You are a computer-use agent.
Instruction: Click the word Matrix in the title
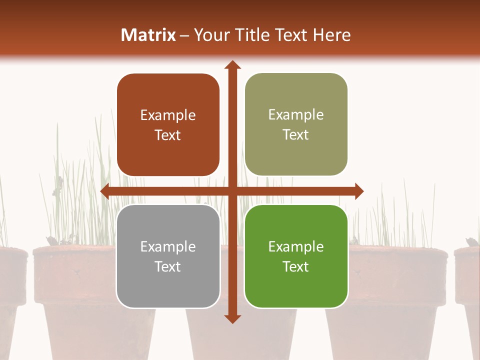pos(148,35)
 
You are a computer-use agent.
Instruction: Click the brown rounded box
pos(168,125)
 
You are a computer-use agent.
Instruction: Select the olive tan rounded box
pos(296,124)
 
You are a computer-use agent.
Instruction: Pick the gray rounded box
pos(168,256)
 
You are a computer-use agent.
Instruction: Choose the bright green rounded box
pos(296,256)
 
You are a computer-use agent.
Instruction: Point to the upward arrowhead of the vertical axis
pos(232,64)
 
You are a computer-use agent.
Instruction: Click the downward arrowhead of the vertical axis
pos(232,319)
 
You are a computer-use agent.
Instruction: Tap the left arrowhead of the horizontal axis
pos(105,191)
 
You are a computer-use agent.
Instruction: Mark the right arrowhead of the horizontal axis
pos(359,191)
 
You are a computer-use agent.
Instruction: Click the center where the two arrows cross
pos(232,191)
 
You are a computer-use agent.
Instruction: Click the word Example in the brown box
pos(168,115)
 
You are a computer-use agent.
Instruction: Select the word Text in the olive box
pos(296,135)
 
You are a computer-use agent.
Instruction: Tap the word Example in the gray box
pos(168,246)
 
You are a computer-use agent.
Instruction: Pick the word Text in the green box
pos(296,266)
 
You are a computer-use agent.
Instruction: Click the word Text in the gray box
pos(168,266)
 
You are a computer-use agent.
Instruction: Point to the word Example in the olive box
pos(296,115)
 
